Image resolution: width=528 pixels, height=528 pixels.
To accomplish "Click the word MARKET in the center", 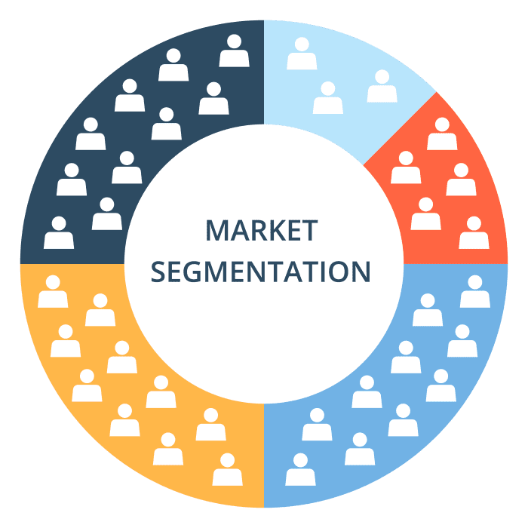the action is coord(262,230).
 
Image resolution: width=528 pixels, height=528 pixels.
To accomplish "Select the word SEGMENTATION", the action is coord(260,272).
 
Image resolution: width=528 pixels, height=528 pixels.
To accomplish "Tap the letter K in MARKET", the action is coord(275,230).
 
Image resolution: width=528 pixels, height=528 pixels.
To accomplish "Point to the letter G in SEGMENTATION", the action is coord(194,272).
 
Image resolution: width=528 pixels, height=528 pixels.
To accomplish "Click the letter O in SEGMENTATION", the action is coord(342,272).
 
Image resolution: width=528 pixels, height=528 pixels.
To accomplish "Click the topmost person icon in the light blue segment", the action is coord(302,54).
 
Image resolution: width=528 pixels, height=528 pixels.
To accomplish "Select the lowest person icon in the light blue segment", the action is coord(327,98).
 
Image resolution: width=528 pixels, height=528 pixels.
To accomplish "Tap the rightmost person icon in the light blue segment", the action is coord(382,87).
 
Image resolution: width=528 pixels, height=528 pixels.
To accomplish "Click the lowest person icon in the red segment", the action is coord(474,233).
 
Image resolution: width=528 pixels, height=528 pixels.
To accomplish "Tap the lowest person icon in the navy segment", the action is coord(59,233).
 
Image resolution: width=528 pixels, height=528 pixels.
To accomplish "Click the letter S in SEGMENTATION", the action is coord(158,272).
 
